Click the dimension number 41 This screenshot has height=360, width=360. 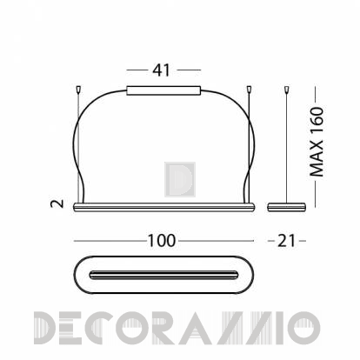click(x=161, y=70)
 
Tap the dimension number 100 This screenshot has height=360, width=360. click(x=162, y=241)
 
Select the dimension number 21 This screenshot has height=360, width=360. click(x=286, y=241)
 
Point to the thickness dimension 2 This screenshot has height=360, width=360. click(x=57, y=203)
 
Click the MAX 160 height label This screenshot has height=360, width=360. click(x=317, y=142)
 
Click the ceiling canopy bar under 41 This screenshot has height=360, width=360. click(x=163, y=90)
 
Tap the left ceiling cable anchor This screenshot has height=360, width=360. click(x=78, y=90)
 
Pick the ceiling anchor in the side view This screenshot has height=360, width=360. click(x=287, y=90)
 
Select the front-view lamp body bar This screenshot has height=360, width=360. click(x=164, y=207)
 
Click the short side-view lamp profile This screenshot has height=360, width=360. click(x=286, y=207)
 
